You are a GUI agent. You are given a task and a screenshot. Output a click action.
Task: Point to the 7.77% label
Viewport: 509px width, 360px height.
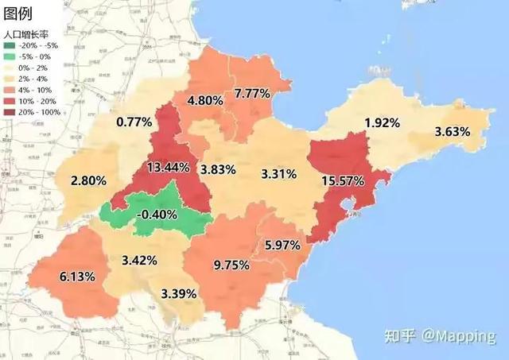point(252,94)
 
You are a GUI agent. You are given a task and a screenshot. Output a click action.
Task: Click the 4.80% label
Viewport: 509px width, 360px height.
point(204,101)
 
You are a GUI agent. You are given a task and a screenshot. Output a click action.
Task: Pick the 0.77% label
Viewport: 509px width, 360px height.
point(134,122)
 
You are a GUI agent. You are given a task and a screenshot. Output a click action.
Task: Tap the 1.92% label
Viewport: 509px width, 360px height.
point(383,123)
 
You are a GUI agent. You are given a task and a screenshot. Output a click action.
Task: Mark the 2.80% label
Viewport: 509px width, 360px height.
point(88,181)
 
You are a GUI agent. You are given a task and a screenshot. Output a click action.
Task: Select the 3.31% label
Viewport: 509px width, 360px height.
point(278,173)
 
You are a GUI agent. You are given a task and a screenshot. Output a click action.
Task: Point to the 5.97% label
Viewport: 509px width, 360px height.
point(284,246)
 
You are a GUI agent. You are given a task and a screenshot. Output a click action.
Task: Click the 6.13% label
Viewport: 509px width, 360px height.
point(77,277)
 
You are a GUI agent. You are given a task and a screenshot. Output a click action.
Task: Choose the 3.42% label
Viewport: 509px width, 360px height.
point(139,261)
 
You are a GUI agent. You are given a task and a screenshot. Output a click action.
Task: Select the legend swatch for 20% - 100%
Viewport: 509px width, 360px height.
point(10,112)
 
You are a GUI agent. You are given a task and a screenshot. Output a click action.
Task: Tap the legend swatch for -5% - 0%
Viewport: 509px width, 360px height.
point(10,56)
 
